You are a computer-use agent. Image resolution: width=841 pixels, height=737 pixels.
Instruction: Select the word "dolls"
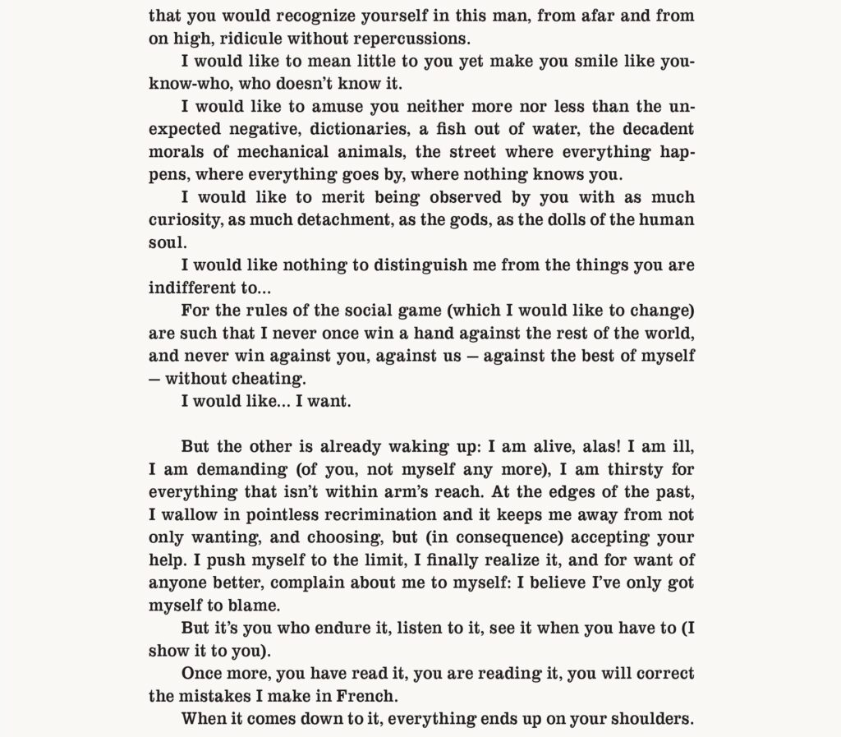pos(563,221)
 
